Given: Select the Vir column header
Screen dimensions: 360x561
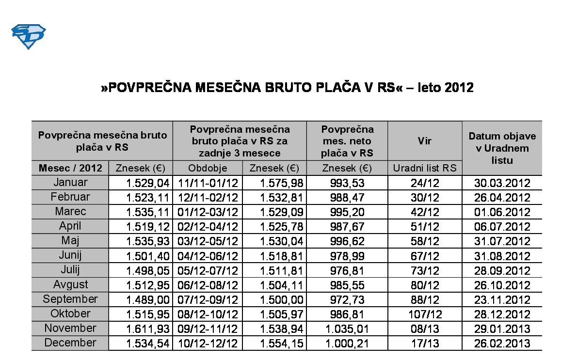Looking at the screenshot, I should click(x=425, y=141).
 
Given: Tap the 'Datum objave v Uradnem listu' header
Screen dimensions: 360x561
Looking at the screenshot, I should click(x=502, y=148).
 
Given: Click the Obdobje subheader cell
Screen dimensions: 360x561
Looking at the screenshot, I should click(x=208, y=168).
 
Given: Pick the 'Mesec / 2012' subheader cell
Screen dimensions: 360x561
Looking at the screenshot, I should click(x=71, y=168).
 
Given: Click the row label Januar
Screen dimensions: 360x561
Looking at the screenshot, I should click(x=71, y=183).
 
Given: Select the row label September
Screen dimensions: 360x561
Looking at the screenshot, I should click(x=70, y=299).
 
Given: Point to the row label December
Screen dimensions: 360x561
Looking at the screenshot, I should click(x=70, y=343).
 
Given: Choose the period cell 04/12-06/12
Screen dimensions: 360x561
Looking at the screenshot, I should click(x=208, y=256).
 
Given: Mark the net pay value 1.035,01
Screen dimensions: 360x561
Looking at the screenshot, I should click(x=347, y=329).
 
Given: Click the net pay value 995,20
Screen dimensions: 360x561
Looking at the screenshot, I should click(x=347, y=213).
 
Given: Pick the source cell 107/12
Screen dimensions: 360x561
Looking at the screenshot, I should click(x=424, y=314).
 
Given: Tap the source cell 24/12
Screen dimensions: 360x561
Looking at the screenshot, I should click(x=424, y=183).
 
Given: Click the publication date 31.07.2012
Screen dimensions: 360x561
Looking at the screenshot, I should click(x=502, y=242).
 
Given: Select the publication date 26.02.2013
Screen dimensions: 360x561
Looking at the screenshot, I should click(x=502, y=344).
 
